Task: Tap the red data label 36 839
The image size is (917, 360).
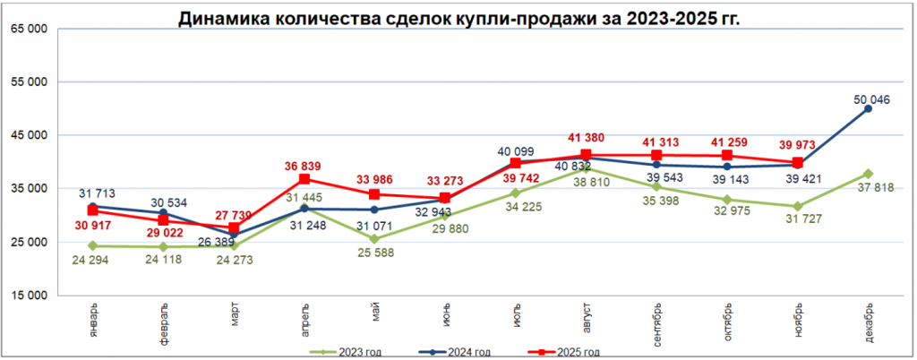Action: click(304, 166)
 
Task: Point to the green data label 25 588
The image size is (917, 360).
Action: click(375, 258)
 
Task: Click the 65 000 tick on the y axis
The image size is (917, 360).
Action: click(30, 30)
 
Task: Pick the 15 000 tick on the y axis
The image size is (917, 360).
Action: click(30, 296)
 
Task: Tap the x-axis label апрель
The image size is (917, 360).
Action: click(305, 317)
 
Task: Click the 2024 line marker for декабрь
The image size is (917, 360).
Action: click(869, 108)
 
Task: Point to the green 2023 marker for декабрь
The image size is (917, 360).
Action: click(869, 174)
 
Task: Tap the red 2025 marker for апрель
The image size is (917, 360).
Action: click(304, 179)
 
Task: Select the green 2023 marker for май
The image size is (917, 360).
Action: click(375, 239)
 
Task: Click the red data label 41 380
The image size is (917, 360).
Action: click(587, 138)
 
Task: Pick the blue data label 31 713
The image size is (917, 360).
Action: click(96, 193)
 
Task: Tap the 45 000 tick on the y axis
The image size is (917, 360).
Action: click(30, 136)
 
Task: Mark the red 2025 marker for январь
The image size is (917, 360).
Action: click(93, 210)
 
